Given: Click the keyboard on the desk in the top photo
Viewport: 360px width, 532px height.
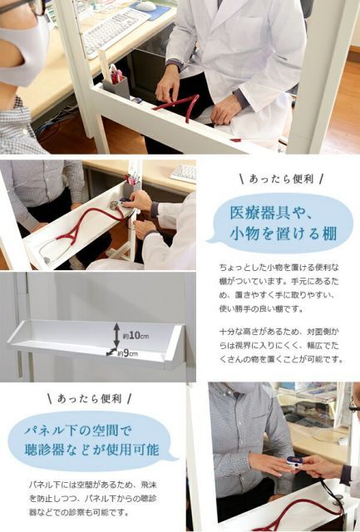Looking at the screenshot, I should click(115, 31).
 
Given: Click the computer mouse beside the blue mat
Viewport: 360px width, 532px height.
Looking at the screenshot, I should click(146, 6).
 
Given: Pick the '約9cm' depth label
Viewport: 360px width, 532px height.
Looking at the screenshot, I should click(130, 354).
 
